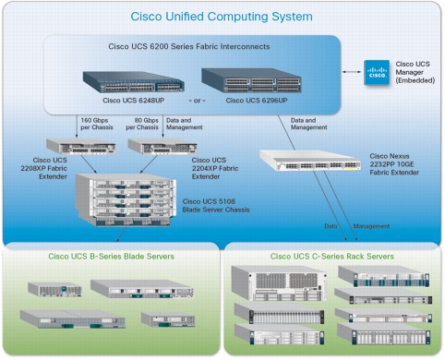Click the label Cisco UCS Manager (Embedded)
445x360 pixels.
coord(415,73)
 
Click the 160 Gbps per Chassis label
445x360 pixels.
coord(98,125)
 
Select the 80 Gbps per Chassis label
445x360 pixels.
coord(149,125)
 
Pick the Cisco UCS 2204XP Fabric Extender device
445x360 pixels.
coord(150,146)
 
